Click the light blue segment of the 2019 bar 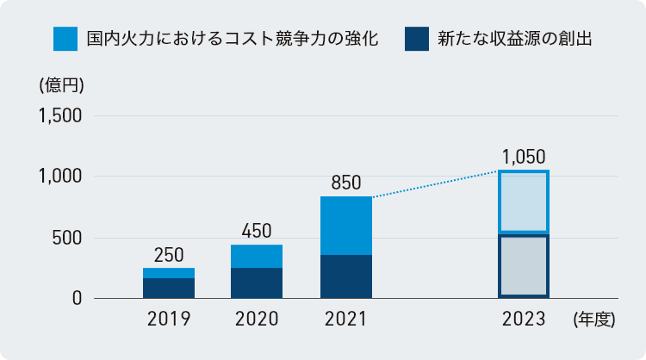coord(169,273)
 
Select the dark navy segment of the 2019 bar coord(169,289)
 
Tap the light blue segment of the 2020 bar coord(257,257)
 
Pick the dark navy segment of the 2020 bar coord(257,283)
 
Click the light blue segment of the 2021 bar coord(345,226)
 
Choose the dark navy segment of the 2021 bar coord(345,276)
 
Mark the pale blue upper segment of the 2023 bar coord(524,202)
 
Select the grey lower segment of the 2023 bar coord(524,265)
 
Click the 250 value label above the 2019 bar coord(169,255)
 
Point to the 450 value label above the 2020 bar coord(257,231)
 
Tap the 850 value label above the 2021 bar coord(345,183)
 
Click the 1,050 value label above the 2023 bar coord(524,157)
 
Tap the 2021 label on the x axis coord(345,320)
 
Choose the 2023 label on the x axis coord(524,320)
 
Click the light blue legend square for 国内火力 coord(65,39)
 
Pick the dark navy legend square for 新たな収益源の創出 coord(417,39)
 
